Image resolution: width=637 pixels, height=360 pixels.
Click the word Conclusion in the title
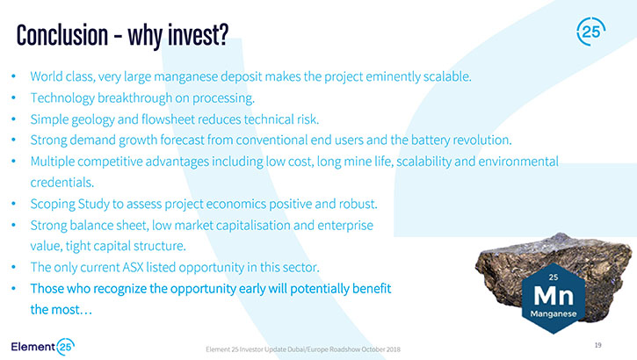click(62, 35)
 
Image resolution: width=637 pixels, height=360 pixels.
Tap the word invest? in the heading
click(199, 35)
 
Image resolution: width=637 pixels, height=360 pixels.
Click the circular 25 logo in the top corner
click(590, 32)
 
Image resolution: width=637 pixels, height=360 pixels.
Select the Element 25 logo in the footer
click(43, 347)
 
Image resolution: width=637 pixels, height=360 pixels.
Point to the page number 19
click(597, 345)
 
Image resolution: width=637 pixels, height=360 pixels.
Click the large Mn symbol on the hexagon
click(554, 296)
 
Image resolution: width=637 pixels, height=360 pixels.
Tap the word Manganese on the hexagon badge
click(554, 313)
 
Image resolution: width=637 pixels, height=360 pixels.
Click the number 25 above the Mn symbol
click(554, 277)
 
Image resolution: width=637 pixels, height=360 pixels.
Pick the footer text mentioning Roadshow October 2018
click(303, 349)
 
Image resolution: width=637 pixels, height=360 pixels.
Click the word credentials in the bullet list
click(62, 183)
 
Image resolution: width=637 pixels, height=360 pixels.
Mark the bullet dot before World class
click(14, 76)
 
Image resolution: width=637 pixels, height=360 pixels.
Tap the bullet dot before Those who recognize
click(14, 289)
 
